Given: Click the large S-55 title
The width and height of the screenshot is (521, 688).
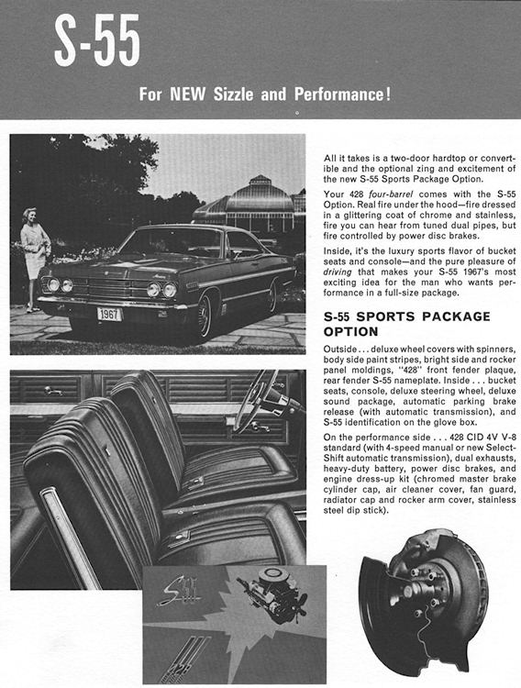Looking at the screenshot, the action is pos(96,42).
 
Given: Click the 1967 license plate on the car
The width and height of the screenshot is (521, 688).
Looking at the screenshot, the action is pos(110,314).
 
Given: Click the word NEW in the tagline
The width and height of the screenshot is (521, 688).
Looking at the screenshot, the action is pos(187,94).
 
